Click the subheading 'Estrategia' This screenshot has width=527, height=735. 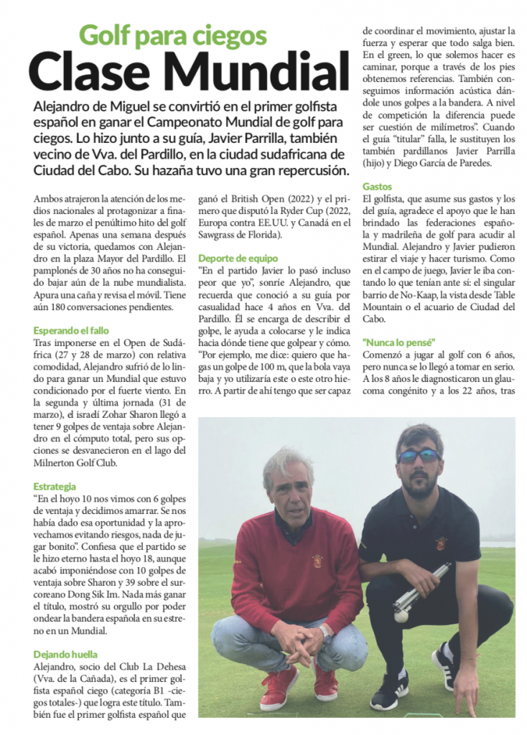[55, 486]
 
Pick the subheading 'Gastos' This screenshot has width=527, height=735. [378, 186]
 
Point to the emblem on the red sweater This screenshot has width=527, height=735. [317, 561]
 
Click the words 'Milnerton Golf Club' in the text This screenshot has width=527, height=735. [75, 463]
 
